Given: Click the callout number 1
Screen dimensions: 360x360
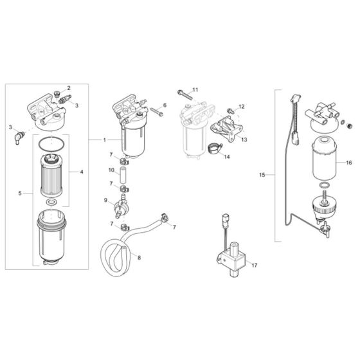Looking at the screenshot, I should [105, 139].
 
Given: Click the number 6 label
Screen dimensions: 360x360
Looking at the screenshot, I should [165, 104].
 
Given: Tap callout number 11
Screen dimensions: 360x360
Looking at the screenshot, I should [195, 89].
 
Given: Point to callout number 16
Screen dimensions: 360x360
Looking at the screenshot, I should [349, 164].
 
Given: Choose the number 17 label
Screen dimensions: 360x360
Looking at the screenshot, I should [254, 264].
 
